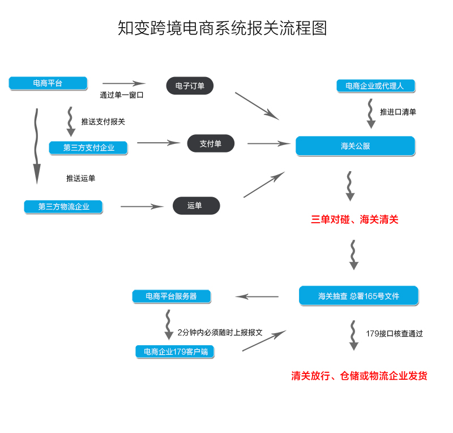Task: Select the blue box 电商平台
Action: click(48, 83)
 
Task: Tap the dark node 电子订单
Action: click(190, 86)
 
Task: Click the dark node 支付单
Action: click(211, 143)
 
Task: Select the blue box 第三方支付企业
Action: click(88, 148)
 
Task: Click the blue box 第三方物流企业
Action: click(64, 207)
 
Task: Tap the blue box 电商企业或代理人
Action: click(374, 86)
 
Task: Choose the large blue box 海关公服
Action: click(355, 146)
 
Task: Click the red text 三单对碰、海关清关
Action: click(355, 220)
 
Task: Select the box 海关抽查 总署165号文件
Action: click(358, 296)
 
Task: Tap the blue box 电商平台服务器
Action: click(171, 296)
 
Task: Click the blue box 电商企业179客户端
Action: click(176, 352)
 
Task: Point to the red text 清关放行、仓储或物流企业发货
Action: click(359, 376)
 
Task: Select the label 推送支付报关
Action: click(103, 121)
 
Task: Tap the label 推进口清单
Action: click(398, 112)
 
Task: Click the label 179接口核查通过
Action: click(394, 334)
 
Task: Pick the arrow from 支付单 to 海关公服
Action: click(268, 143)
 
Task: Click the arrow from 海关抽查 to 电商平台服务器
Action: click(257, 296)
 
